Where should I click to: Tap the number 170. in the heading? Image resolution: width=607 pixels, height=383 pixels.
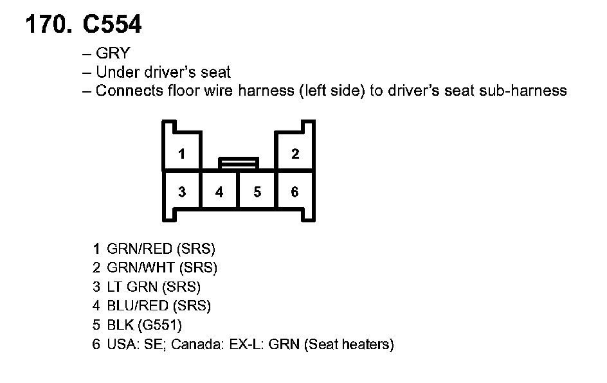tap(48, 24)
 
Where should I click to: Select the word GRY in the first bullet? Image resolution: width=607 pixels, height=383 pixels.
tap(113, 53)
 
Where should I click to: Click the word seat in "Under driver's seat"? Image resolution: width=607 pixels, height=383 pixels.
tap(215, 72)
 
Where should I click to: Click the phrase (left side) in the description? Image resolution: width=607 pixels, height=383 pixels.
tap(332, 91)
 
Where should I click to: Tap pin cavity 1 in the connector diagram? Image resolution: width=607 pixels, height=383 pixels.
tap(183, 154)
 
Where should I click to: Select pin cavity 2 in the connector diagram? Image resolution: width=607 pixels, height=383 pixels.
tap(295, 154)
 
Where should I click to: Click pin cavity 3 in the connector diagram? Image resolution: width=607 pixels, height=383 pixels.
tap(183, 191)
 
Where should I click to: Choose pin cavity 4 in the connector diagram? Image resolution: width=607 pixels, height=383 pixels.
tap(220, 191)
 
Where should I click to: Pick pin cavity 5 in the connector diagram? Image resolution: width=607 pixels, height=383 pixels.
tap(257, 191)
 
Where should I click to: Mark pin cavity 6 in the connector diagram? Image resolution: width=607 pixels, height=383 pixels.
tap(295, 191)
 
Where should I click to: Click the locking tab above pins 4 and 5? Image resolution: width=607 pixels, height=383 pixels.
tap(239, 163)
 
